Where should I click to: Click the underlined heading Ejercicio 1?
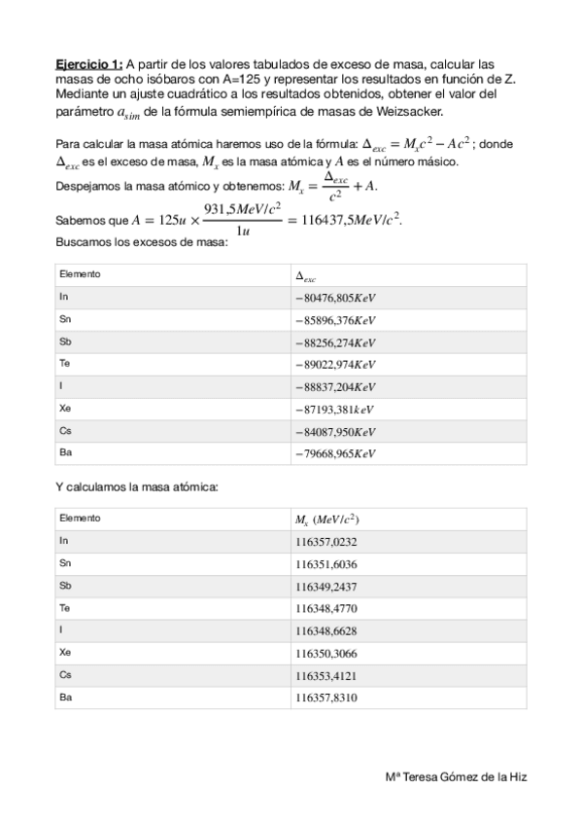point(88,61)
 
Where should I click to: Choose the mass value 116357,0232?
point(325,542)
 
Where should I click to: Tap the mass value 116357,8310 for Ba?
point(325,699)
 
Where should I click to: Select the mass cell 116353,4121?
point(325,676)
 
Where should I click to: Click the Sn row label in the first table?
point(65,319)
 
